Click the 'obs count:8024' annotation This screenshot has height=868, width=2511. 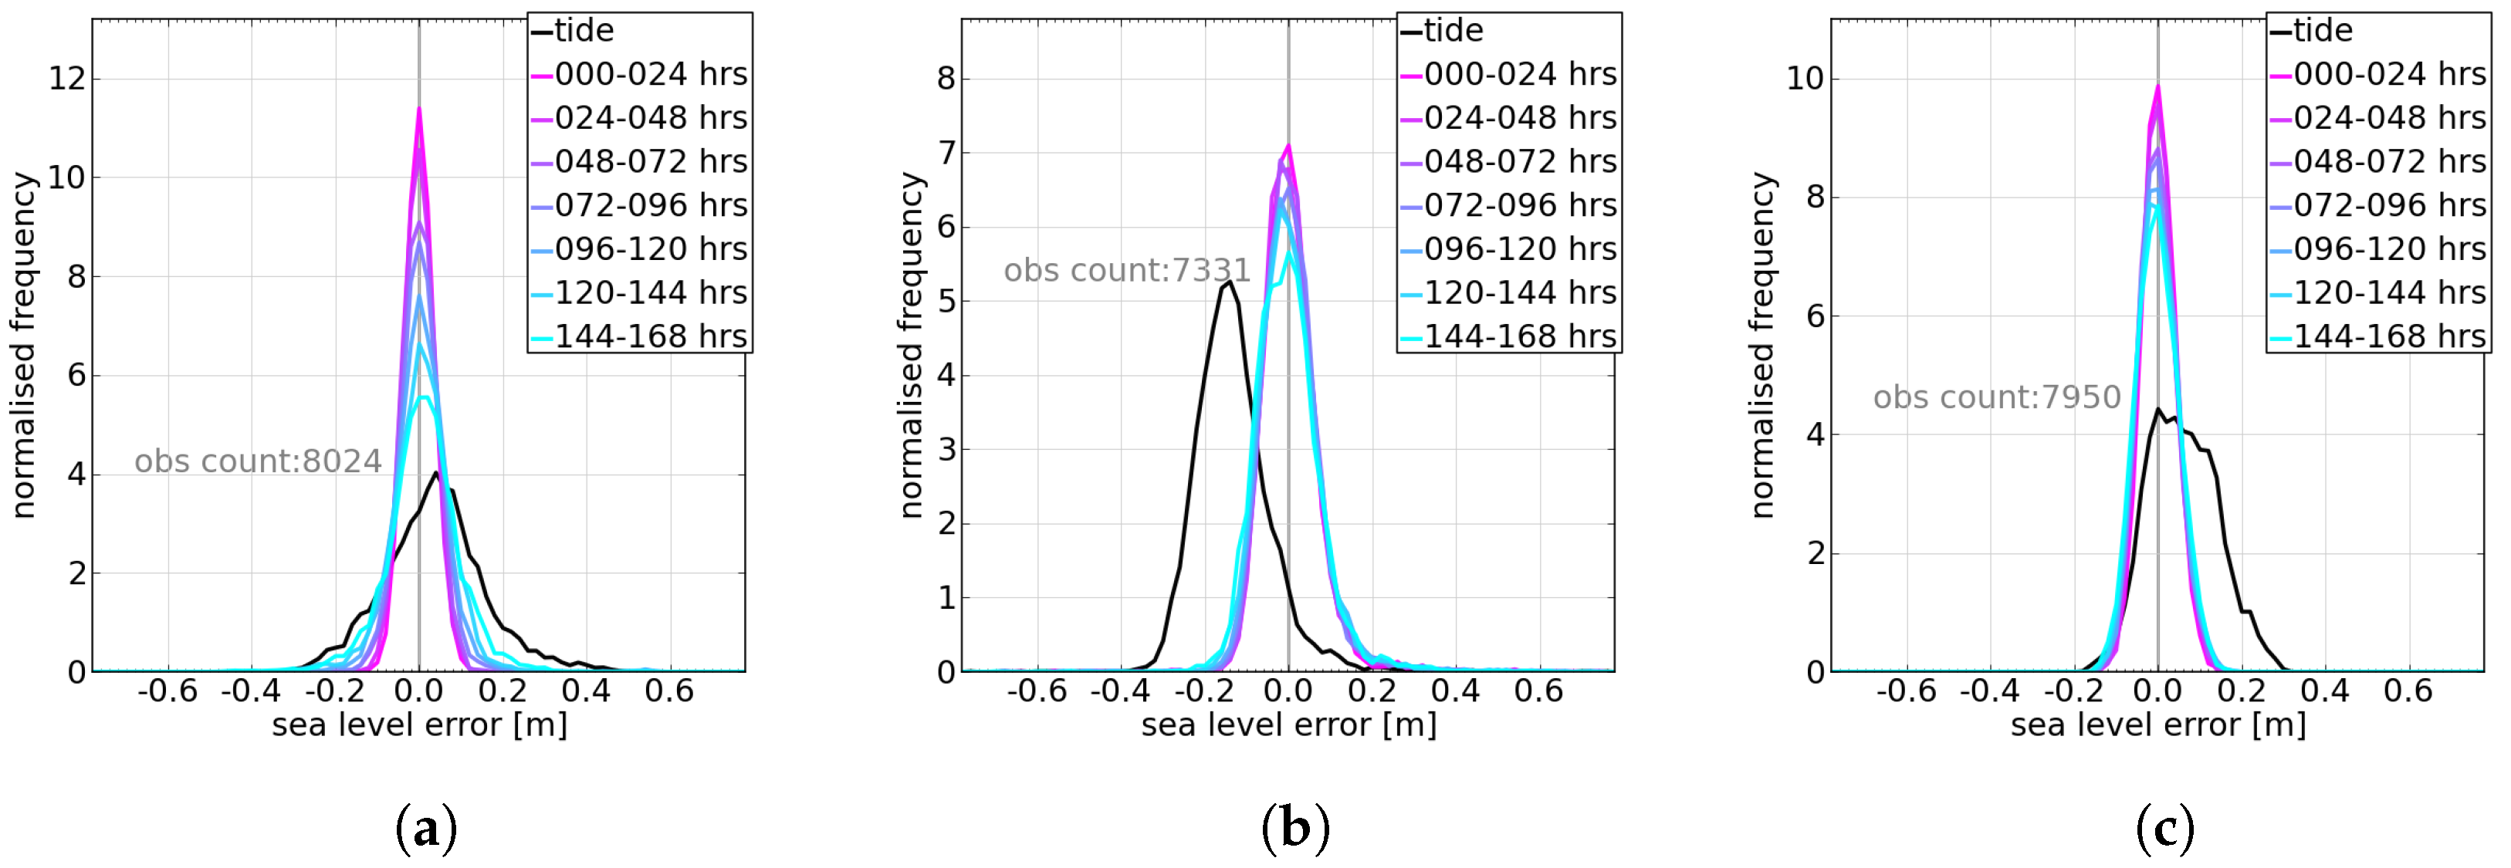257,461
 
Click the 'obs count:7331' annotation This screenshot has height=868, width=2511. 1127,270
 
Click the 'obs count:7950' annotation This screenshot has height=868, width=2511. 1996,397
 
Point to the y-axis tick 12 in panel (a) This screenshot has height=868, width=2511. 67,78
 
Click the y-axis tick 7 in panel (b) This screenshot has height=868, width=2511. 946,153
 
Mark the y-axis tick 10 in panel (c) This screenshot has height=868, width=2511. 1804,78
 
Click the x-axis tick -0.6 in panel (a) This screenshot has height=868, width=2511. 168,691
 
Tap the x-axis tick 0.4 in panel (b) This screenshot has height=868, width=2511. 1455,691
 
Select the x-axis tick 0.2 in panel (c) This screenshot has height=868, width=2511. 2241,691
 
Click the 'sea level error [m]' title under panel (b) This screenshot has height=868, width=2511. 1288,724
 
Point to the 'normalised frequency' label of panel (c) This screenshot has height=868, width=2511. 1762,345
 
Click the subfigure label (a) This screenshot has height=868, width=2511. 426,829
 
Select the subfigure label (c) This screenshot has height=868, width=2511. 2165,829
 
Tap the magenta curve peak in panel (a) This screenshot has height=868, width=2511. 419,108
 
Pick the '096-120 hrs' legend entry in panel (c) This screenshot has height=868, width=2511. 2389,249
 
